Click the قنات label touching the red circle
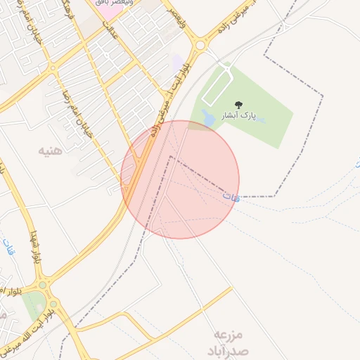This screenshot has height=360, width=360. pyautogui.click(x=231, y=198)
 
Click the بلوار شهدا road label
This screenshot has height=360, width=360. pyautogui.click(x=35, y=246)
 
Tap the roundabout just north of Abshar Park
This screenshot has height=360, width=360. pyautogui.click(x=200, y=46)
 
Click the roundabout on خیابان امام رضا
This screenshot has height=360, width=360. pyautogui.click(x=53, y=69)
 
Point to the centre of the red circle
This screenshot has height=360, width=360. pyautogui.click(x=180, y=179)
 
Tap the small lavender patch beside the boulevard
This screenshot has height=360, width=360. pyautogui.click(x=177, y=63)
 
